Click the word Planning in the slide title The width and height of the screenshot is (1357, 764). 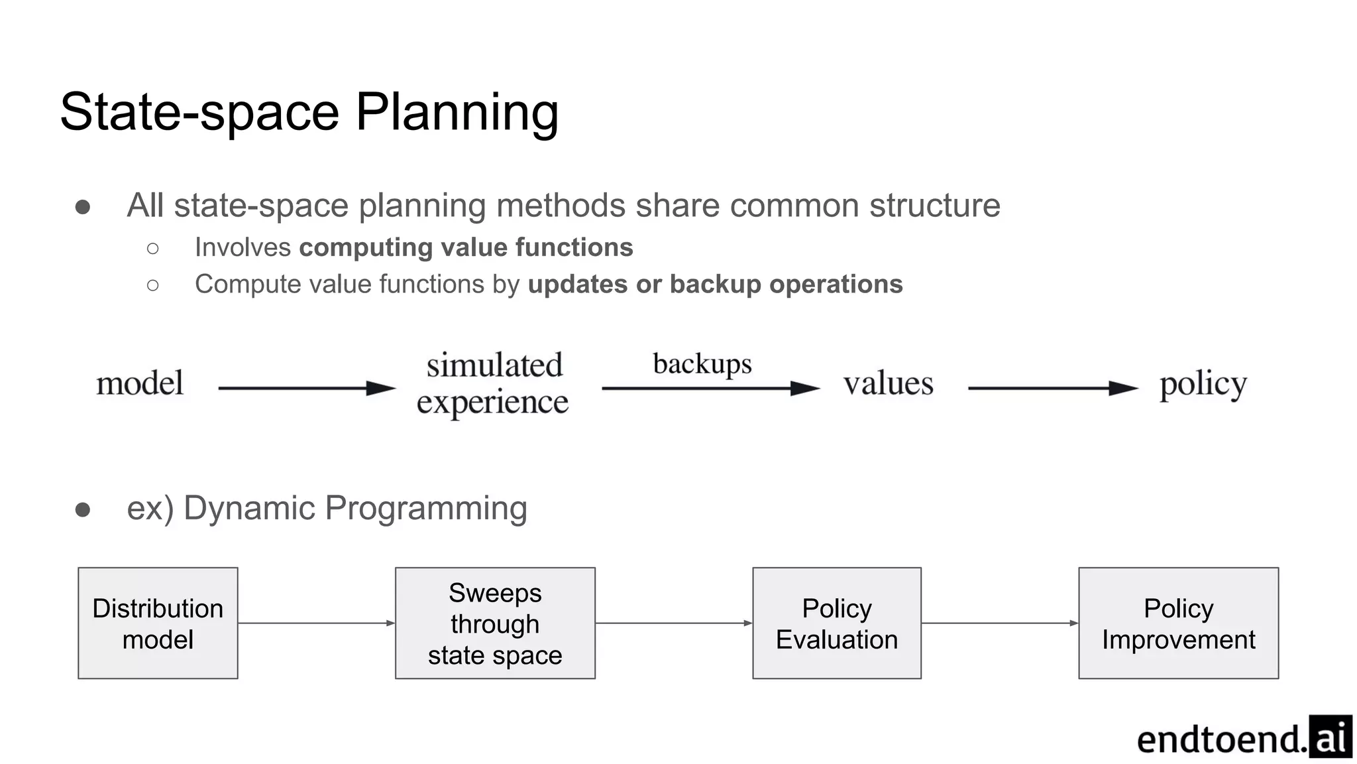[457, 113]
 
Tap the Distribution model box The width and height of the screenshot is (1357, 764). [158, 623]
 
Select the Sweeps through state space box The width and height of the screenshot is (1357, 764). [495, 623]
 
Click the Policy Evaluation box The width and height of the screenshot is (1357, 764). [836, 623]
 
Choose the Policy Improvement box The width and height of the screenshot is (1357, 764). [1178, 623]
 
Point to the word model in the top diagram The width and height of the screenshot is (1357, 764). [140, 384]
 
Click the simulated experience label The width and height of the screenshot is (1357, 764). [493, 384]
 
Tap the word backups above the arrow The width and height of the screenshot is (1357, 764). [702, 364]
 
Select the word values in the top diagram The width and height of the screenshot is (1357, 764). [888, 384]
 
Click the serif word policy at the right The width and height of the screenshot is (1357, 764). [1203, 385]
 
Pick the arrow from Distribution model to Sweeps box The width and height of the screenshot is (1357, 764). [316, 623]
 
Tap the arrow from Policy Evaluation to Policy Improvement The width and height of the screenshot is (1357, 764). [999, 623]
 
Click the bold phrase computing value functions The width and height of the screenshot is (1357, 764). [466, 247]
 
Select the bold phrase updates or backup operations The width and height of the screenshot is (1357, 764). [715, 285]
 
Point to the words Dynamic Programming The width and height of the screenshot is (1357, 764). [355, 509]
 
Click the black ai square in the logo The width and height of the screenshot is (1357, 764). [1330, 737]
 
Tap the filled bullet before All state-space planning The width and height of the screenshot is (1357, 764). [83, 208]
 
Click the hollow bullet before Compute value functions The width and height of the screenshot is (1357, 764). [153, 285]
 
